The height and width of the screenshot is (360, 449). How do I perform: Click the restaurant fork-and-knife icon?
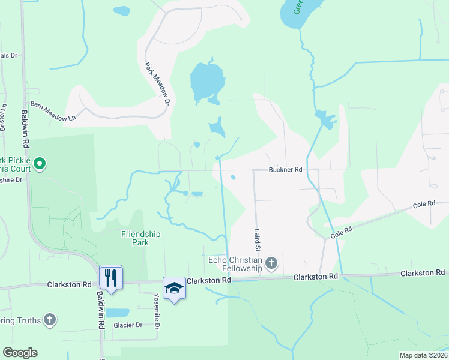[x=111, y=278]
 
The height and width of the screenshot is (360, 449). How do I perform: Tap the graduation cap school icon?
[x=174, y=288]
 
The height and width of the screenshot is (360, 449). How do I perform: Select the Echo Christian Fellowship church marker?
[x=271, y=263]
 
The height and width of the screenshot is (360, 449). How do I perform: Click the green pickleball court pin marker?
[x=40, y=163]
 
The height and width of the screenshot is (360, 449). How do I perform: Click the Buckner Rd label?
[x=285, y=170]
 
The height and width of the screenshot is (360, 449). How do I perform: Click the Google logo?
[x=20, y=353]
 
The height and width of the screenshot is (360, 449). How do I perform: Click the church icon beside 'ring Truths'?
[x=50, y=320]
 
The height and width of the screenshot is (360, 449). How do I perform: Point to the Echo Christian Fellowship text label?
[x=235, y=263]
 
